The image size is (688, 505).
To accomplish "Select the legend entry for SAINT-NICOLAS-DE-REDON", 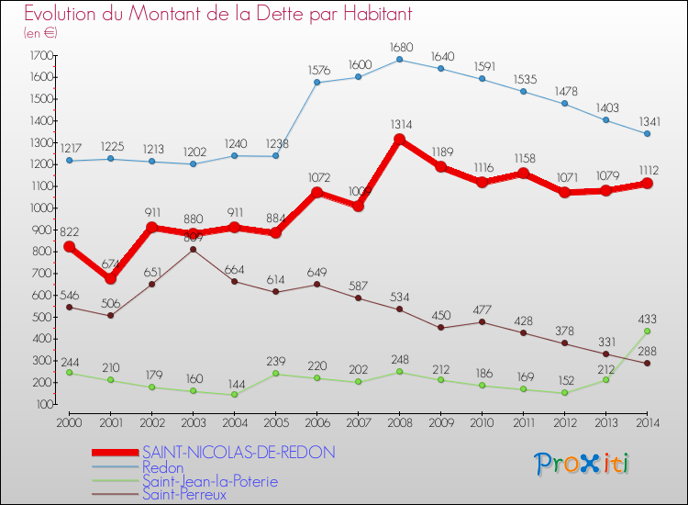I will [x=239, y=452].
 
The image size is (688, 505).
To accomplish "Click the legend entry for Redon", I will [x=162, y=467].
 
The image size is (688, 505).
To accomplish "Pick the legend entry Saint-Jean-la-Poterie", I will [x=209, y=481].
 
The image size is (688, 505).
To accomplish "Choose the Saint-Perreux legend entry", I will [x=183, y=495].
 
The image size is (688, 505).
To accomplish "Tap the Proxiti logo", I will [x=583, y=464].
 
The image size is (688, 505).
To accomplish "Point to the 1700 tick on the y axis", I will [x=39, y=55].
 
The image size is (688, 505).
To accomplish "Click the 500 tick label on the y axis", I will [x=41, y=317].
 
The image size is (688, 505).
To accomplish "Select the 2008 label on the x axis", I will [x=399, y=422].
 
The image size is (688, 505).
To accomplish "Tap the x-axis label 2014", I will [x=646, y=422].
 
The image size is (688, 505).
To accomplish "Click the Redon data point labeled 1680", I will [x=399, y=60].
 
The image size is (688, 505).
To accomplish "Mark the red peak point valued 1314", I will [x=399, y=140].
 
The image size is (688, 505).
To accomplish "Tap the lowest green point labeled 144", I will [x=234, y=394].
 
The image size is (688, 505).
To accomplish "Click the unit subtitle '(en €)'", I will [x=40, y=33].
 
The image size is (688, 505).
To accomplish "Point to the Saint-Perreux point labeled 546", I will [x=70, y=307].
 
